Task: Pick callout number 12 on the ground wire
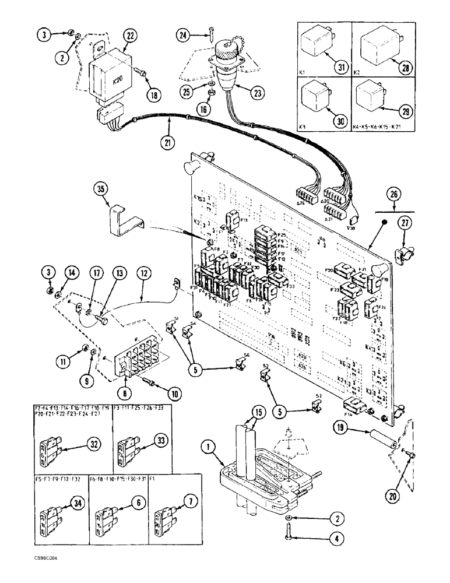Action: tap(144, 272)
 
